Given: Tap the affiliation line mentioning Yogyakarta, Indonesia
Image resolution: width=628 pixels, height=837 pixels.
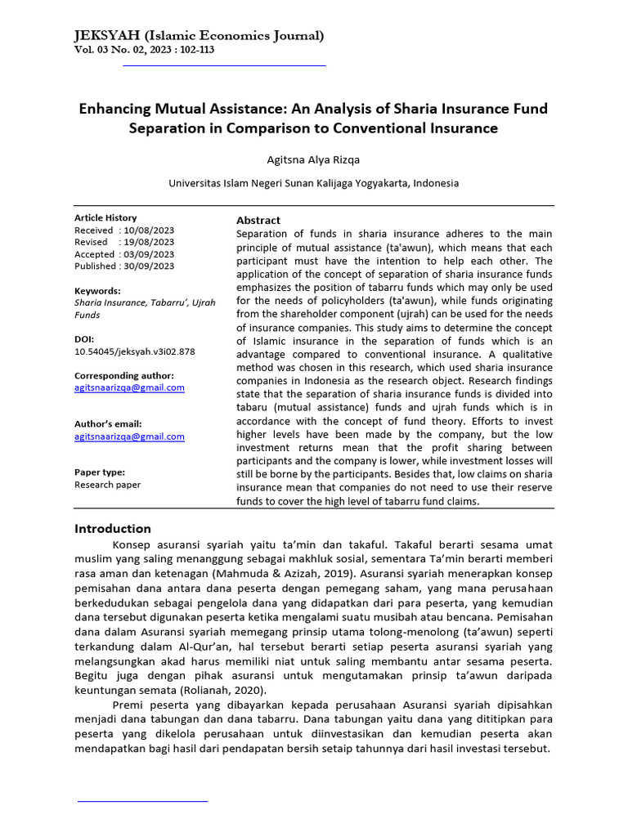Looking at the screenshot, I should (314, 183).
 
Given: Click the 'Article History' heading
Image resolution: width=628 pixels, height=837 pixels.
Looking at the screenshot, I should (105, 218).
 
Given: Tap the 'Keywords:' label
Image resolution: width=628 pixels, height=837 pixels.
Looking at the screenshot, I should (97, 291).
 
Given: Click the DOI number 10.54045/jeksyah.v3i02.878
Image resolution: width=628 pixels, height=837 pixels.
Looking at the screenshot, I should (135, 351).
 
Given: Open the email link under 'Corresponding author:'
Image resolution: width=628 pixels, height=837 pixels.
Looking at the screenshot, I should (129, 387).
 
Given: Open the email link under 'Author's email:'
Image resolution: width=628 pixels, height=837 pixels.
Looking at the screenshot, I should (129, 436).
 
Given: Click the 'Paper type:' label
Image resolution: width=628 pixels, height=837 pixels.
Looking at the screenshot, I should (100, 472).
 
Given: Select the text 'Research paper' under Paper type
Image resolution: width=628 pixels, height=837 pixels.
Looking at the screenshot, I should (107, 485).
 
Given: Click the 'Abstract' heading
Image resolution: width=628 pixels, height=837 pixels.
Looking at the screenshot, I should (258, 221).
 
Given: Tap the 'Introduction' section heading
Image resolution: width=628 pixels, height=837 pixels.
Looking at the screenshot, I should (113, 528).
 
